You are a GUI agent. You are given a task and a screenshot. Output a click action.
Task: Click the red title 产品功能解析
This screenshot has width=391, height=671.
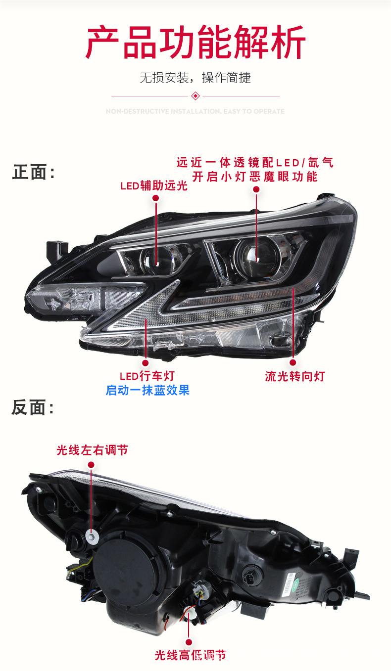point(195,44)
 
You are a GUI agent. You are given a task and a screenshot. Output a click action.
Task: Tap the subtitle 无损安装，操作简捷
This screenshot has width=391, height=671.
point(195,78)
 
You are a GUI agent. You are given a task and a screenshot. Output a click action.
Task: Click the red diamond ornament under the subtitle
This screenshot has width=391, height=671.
point(195,95)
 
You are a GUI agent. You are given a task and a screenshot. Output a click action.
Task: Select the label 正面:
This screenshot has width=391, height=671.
point(33,173)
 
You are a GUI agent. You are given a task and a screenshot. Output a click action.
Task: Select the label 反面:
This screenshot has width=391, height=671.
point(33,408)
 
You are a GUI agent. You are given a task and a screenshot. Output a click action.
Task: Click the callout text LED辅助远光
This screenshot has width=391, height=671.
point(154,186)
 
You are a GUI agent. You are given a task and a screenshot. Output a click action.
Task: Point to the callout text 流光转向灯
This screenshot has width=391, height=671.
point(295,376)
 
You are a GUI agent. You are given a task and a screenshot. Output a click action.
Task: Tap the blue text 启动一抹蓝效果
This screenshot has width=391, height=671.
point(147,390)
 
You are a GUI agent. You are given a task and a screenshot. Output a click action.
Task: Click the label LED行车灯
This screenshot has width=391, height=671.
point(147,376)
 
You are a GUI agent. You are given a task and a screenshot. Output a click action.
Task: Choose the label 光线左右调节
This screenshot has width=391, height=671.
point(92,450)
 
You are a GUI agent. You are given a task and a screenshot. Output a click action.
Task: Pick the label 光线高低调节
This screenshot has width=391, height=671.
point(190,656)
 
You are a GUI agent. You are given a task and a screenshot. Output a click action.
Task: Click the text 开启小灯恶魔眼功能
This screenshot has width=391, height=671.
point(255,177)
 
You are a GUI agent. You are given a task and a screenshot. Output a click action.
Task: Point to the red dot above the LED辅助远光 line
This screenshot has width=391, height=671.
point(155,198)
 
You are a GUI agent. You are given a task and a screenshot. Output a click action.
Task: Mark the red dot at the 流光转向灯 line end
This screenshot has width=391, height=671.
point(293,362)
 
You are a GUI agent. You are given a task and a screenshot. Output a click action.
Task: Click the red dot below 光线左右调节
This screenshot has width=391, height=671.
point(91,464)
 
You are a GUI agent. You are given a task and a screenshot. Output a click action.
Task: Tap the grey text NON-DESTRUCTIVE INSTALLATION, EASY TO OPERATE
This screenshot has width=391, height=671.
point(195,112)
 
